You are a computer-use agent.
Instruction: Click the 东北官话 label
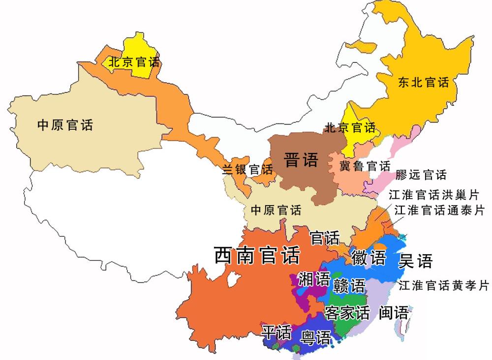point(424,83)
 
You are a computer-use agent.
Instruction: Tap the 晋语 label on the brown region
point(301,160)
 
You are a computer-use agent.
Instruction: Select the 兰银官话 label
point(247,170)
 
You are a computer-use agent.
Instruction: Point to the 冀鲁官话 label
point(365,166)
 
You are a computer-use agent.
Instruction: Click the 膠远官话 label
point(421,175)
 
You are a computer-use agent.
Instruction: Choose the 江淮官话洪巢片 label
point(433,195)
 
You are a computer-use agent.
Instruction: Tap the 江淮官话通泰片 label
point(439,210)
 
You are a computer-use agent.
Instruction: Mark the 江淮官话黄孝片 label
point(444,285)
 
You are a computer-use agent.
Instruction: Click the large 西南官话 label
point(257,255)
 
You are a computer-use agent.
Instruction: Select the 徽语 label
point(368,258)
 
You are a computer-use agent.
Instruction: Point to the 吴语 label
point(415,261)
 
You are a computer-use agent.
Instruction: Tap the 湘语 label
point(314,279)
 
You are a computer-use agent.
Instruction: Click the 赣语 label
point(349,285)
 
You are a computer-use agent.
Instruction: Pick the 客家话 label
point(347,312)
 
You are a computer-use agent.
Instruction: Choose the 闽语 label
point(394,313)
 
